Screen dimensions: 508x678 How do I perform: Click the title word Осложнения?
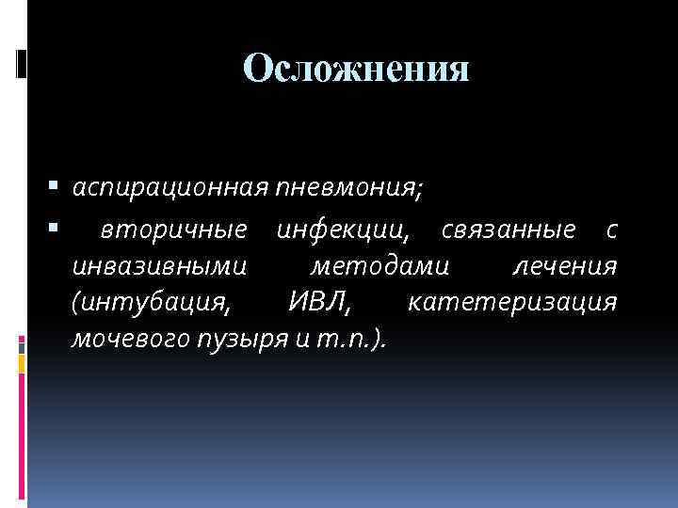coord(356,68)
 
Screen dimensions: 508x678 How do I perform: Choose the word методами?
coord(380,266)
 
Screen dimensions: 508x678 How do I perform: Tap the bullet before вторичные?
coord(58,227)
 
